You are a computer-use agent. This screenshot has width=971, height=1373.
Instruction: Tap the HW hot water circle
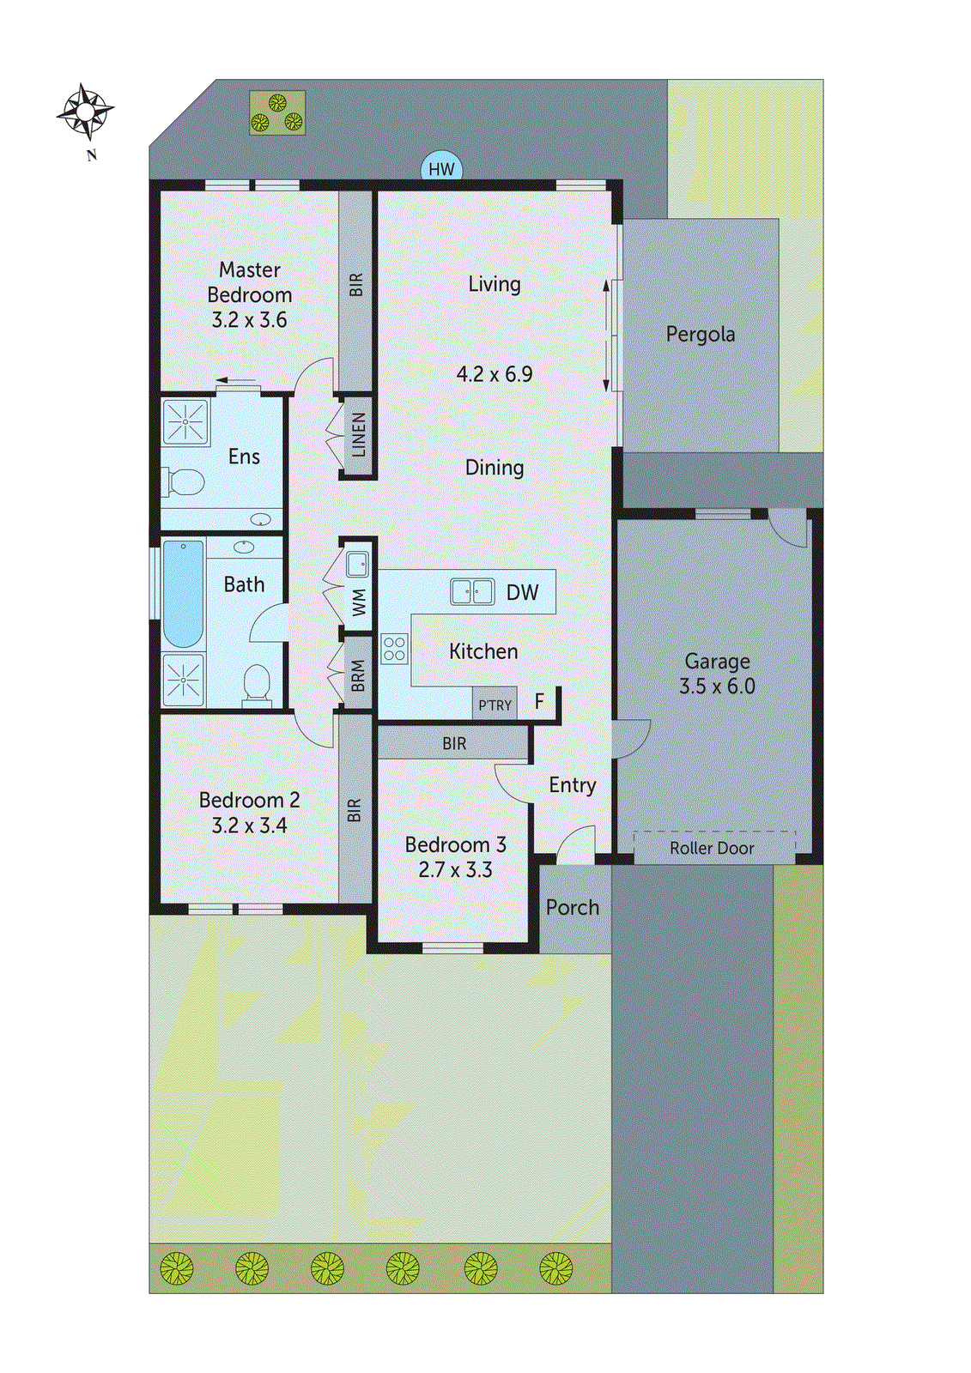[x=441, y=169]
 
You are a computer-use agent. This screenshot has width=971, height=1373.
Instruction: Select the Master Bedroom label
[x=250, y=282]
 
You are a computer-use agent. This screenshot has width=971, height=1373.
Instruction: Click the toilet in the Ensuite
[x=185, y=482]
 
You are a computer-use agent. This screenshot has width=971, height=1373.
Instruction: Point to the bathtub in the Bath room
[x=183, y=594]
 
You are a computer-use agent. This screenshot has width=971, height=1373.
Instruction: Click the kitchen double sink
[x=472, y=592]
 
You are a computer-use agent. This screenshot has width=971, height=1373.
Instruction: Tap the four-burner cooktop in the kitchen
[x=394, y=649]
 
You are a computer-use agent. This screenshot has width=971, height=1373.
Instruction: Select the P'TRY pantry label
[x=495, y=705]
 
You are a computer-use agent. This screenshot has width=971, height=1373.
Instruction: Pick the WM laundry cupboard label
[x=359, y=602]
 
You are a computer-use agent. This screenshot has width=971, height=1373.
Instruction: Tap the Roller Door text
[x=712, y=849]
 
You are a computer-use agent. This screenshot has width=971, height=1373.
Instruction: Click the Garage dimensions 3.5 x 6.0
[x=717, y=686]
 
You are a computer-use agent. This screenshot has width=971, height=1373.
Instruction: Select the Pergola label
[x=701, y=335]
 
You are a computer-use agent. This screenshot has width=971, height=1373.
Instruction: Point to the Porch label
[x=573, y=908]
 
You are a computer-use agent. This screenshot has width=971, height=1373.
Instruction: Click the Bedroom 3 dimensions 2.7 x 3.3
[x=455, y=870]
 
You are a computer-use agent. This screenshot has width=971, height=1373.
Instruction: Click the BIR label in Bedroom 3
[x=454, y=744]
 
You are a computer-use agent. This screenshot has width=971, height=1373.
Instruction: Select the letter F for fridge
[x=539, y=702]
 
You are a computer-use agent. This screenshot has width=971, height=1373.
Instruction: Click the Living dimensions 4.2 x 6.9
[x=495, y=374]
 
